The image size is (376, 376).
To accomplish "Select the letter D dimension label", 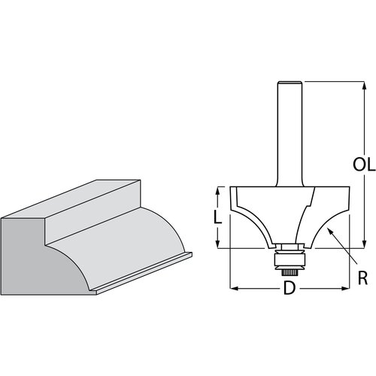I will (289, 289).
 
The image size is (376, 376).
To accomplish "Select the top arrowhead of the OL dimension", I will (365, 84).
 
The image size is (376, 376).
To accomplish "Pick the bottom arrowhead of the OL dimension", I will (365, 244).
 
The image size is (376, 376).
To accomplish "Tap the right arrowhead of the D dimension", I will (347, 288).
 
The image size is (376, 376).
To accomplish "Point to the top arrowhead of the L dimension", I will (218, 189).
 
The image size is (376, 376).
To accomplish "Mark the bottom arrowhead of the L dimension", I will (218, 245).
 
